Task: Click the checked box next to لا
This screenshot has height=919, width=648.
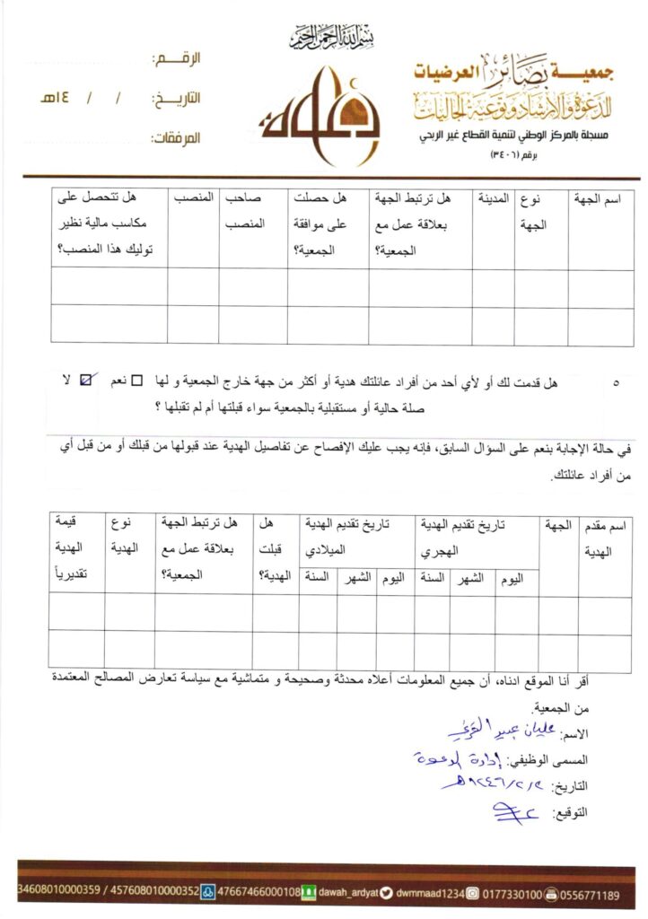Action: (86, 381)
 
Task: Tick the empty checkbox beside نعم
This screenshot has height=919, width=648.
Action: (137, 381)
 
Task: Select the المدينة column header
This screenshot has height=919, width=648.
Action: (493, 197)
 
